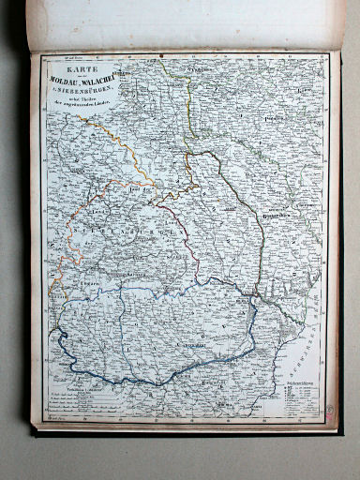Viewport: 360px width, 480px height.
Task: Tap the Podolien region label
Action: pyautogui.click(x=299, y=120)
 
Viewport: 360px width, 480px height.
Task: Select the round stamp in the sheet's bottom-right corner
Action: pyautogui.click(x=331, y=410)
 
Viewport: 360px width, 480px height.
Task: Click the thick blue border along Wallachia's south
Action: pyautogui.click(x=141, y=380)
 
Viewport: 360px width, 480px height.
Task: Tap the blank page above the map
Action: pyautogui.click(x=187, y=23)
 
